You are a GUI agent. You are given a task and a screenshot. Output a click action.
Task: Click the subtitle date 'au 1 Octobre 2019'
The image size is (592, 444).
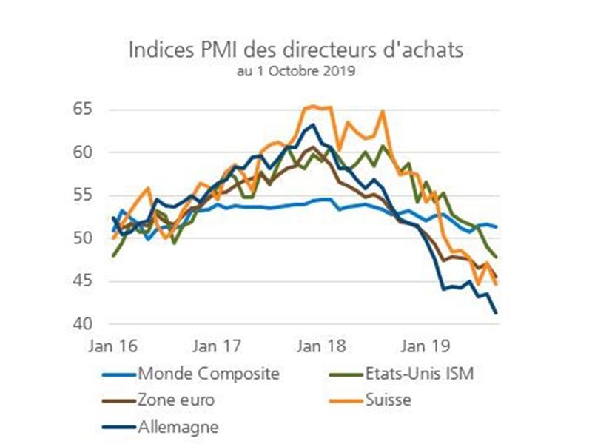pyautogui.click(x=296, y=73)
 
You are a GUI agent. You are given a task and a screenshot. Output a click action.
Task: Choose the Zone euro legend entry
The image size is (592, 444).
pyautogui.click(x=175, y=400)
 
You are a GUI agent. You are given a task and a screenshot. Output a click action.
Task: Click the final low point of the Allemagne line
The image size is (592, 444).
pyautogui.click(x=496, y=313)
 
